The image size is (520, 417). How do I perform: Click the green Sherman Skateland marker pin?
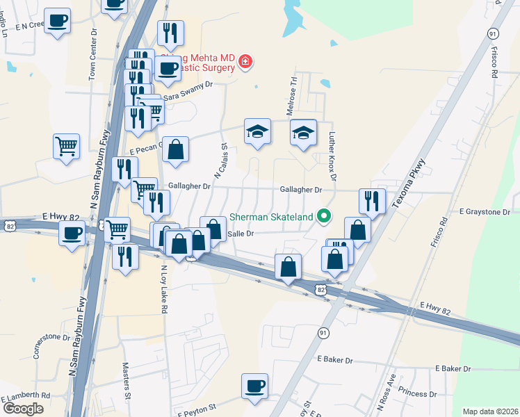pos(323,216)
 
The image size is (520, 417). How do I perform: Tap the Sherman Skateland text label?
pos(272,217)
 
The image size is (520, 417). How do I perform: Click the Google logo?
pos(24,409)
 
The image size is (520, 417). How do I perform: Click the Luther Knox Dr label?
pos(332,157)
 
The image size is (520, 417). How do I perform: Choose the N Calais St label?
pos(220,162)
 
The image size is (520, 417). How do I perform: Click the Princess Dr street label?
pos(419,393)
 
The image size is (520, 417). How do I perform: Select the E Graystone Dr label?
pos(485,211)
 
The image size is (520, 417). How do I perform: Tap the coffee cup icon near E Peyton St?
pos(254,386)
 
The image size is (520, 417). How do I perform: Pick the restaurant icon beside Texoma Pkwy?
pos(372,202)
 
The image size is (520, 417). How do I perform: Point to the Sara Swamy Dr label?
pos(187,85)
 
